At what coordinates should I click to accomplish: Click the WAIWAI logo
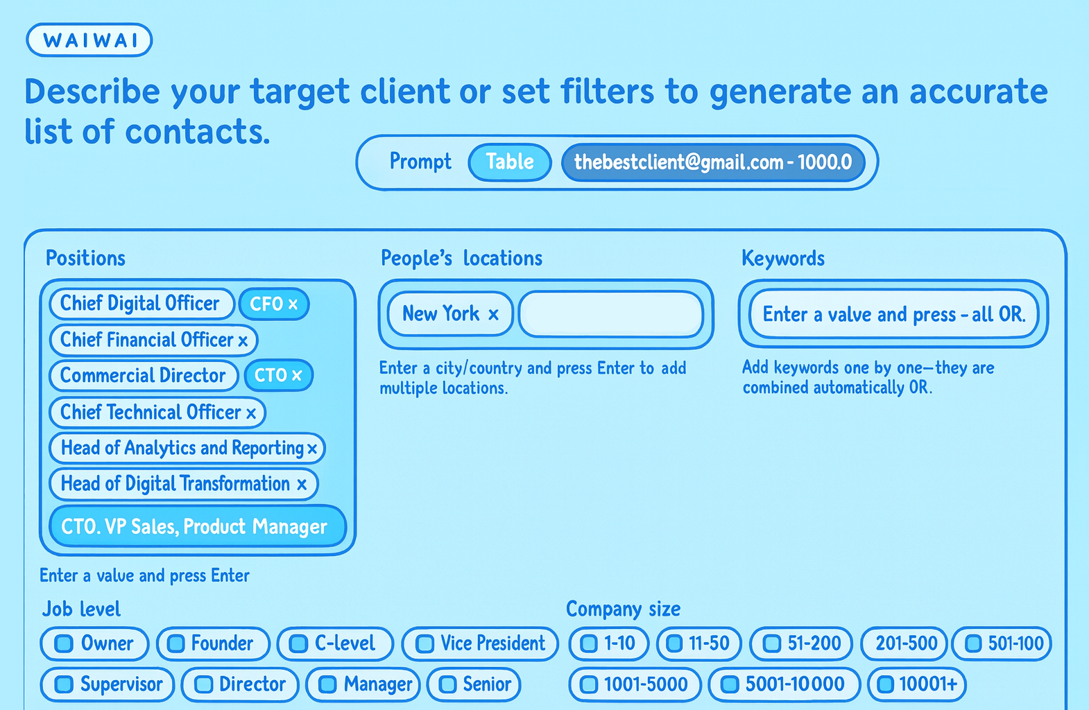(x=89, y=40)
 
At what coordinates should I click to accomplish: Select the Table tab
(x=509, y=162)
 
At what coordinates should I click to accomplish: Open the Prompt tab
(x=420, y=162)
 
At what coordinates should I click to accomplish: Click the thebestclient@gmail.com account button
(x=713, y=162)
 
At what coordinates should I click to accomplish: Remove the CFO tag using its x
(x=293, y=304)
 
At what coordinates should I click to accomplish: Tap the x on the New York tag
(x=493, y=315)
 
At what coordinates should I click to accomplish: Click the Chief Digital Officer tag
(x=140, y=304)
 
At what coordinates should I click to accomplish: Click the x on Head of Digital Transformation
(x=302, y=485)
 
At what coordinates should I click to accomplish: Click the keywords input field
(x=893, y=315)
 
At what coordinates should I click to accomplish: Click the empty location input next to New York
(x=610, y=315)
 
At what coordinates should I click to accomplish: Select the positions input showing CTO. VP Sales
(x=197, y=527)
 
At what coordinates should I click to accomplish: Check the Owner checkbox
(x=64, y=644)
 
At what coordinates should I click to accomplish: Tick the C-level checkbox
(x=298, y=644)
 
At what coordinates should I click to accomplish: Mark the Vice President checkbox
(x=425, y=644)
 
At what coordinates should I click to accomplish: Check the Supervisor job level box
(x=64, y=685)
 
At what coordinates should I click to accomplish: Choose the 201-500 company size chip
(x=906, y=644)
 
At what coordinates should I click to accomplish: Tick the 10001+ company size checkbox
(x=885, y=685)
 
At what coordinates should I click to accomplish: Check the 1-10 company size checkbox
(x=589, y=644)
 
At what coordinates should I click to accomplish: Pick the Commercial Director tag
(x=143, y=376)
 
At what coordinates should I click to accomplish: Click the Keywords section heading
(x=783, y=259)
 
